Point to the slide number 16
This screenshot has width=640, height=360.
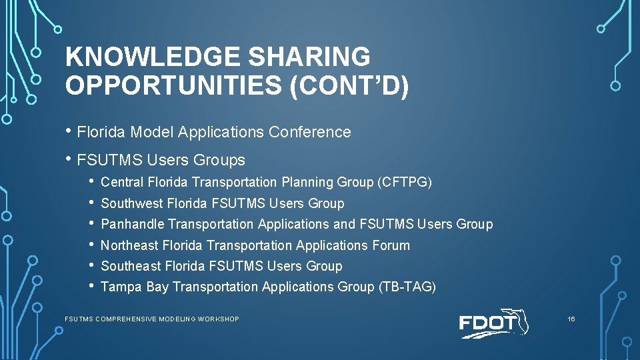571,319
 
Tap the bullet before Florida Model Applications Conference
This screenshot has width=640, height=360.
69,131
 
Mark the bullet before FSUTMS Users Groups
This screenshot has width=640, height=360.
69,159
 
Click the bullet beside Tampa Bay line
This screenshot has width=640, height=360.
91,287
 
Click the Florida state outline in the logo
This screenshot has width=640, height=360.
519,321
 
